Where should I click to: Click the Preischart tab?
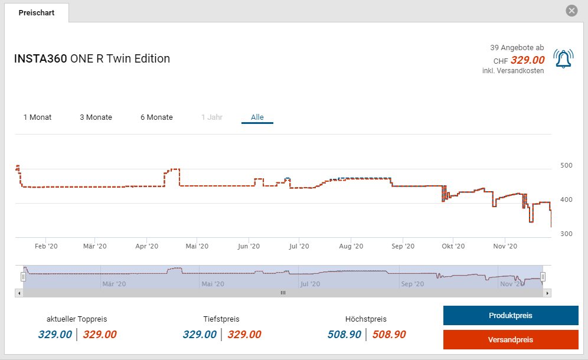coord(37,12)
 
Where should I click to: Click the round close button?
coord(571,11)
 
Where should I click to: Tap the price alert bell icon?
coord(563,58)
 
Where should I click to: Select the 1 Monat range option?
coord(37,117)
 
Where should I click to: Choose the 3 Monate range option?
coord(96,117)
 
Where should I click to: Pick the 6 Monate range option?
coord(156,117)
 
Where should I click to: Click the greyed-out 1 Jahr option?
coord(211,117)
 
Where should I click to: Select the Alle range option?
coord(257,117)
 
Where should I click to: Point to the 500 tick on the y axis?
coord(566,165)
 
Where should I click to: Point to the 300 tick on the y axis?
coord(566,234)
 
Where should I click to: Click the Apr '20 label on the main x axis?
coord(146,246)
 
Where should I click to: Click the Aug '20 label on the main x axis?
coord(350,246)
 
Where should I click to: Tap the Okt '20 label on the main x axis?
coord(453,246)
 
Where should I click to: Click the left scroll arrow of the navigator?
coord(19,293)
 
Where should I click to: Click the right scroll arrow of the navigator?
coord(547,293)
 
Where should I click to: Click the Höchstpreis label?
coord(366,319)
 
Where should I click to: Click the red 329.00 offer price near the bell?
coord(527,60)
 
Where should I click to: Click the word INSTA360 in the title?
coord(40,58)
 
